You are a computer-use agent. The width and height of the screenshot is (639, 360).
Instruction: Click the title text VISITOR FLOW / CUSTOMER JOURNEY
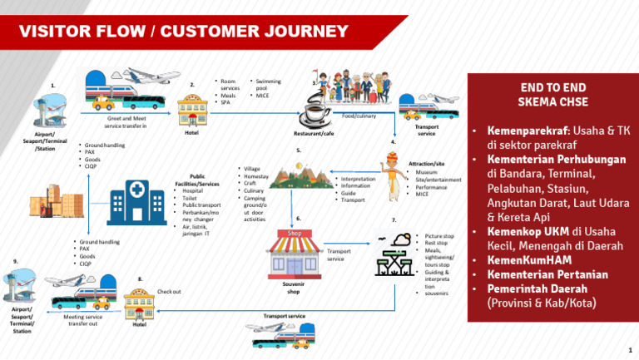(x=184, y=32)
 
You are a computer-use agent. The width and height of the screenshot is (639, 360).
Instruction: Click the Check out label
(x=169, y=292)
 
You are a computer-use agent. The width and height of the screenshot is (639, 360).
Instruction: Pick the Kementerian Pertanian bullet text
(x=547, y=274)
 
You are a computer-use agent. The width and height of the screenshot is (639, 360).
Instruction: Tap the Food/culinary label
(x=359, y=116)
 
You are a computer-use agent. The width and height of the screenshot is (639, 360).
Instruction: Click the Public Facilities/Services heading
(x=197, y=180)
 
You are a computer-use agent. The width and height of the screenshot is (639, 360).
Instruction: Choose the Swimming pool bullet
(x=267, y=84)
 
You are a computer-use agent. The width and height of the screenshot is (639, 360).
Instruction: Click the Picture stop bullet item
(x=438, y=236)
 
